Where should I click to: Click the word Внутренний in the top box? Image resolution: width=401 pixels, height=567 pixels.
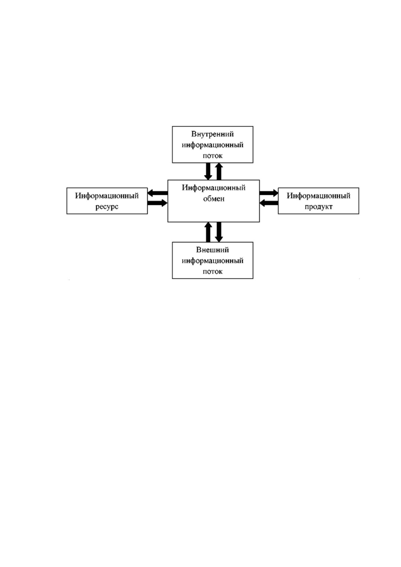[212, 134]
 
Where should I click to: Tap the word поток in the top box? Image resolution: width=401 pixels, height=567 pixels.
[213, 156]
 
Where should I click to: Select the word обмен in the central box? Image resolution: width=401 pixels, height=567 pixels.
[214, 199]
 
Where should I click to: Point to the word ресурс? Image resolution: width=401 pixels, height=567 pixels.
[107, 207]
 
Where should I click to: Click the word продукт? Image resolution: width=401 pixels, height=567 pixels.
[319, 207]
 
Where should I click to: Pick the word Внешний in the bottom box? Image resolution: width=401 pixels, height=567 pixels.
[212, 250]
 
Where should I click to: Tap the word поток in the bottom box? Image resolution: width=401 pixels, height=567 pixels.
[213, 272]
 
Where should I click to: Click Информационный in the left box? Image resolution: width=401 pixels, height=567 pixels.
[107, 196]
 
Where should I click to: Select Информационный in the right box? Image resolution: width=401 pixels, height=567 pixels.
[319, 196]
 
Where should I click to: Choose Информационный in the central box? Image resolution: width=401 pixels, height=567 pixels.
[214, 188]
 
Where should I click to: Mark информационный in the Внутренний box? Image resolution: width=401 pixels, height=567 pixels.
[213, 145]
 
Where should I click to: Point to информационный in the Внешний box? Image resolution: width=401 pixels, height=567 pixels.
[213, 261]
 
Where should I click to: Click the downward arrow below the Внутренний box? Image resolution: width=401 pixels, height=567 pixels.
[208, 171]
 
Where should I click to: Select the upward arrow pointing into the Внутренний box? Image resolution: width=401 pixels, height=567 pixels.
[219, 171]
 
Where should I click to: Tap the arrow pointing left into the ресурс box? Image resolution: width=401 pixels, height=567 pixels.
[158, 193]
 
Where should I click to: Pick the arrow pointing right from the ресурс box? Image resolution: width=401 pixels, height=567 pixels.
[158, 203]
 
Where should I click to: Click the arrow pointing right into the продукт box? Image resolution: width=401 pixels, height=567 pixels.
[269, 193]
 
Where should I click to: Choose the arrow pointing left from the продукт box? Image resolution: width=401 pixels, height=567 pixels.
[269, 203]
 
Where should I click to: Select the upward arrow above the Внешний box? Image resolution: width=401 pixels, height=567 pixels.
[208, 232]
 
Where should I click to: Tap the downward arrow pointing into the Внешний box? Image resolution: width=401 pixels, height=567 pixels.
[219, 232]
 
